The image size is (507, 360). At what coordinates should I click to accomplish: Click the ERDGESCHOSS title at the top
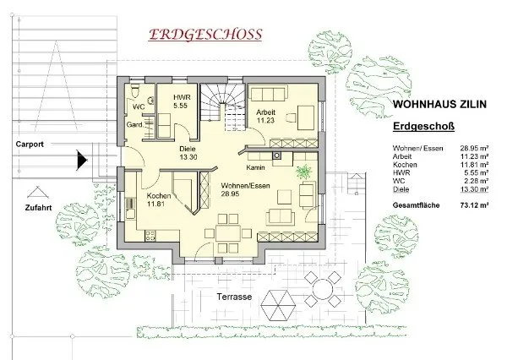(205, 35)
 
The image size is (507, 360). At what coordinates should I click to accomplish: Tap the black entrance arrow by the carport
(82, 160)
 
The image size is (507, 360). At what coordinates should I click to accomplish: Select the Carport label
(30, 145)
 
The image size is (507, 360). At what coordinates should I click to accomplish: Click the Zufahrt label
(38, 208)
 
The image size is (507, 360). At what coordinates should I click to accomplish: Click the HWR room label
(182, 97)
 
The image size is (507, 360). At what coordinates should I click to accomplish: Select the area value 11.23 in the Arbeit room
(265, 120)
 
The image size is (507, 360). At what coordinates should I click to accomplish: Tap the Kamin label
(255, 167)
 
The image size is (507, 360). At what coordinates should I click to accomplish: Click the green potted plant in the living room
(304, 171)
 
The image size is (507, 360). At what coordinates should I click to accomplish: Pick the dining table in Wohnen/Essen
(228, 233)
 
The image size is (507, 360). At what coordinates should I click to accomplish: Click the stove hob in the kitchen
(150, 236)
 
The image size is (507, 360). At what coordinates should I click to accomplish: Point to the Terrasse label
(234, 297)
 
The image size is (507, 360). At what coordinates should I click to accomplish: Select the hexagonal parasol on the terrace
(278, 305)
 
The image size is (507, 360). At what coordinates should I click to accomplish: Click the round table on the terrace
(323, 289)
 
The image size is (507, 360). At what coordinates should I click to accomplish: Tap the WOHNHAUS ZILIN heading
(439, 104)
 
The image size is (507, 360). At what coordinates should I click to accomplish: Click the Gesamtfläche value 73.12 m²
(474, 205)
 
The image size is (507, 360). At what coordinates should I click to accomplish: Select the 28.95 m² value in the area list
(474, 148)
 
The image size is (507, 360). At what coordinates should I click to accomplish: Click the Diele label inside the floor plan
(188, 149)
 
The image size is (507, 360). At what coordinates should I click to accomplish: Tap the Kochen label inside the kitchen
(159, 196)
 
